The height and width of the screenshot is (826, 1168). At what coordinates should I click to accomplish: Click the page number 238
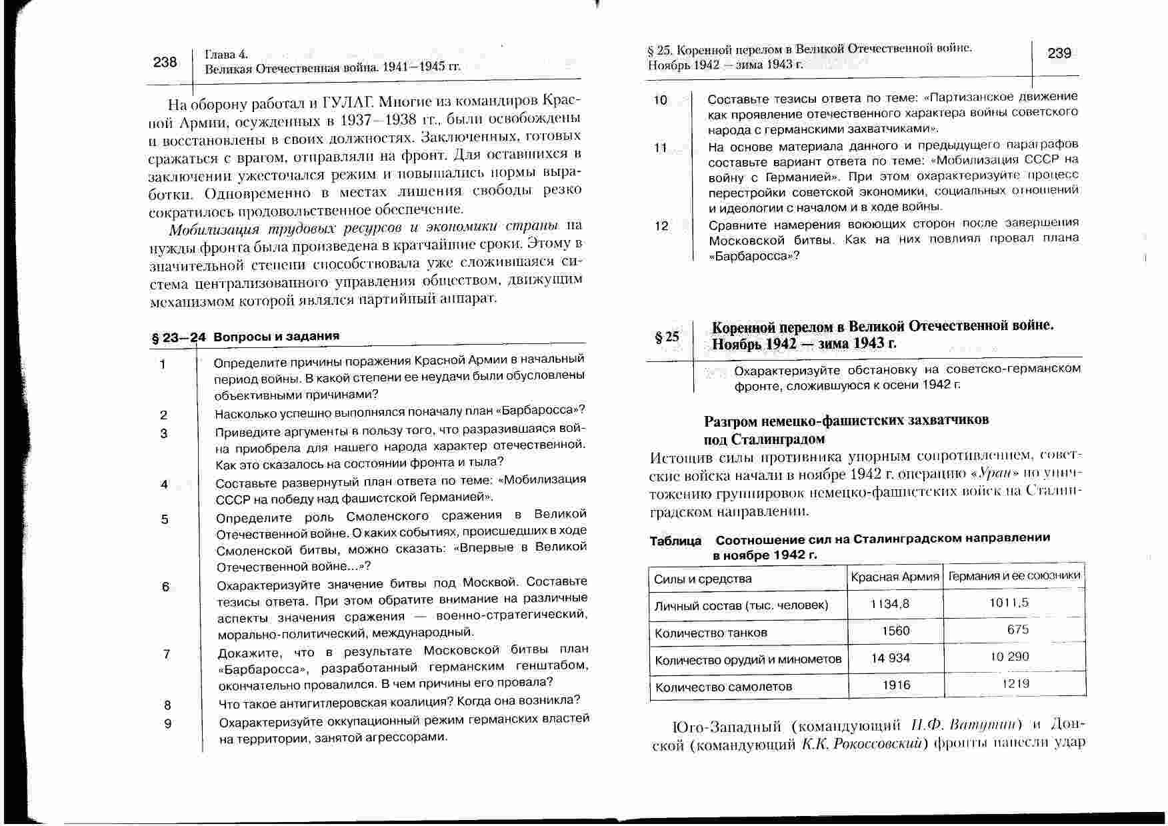tap(165, 62)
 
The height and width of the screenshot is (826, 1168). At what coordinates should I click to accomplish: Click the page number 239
tap(1059, 53)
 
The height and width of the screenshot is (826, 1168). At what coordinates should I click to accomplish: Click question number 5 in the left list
tap(165, 519)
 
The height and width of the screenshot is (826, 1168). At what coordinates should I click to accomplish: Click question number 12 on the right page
tap(661, 226)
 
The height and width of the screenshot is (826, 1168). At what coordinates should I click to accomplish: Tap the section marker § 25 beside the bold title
tap(667, 337)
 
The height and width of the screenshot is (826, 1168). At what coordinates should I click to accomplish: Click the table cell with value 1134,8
tap(890, 604)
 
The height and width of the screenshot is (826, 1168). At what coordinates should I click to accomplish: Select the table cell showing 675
tap(1017, 629)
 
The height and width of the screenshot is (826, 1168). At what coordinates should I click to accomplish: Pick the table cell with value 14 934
tap(890, 658)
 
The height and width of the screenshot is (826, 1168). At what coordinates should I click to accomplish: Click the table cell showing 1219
tap(1016, 683)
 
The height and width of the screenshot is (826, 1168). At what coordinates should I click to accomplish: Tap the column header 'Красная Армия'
tap(895, 577)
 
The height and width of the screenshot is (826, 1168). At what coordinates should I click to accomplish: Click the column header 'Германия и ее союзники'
tap(1014, 575)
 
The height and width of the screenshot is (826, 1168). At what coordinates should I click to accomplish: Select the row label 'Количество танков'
tap(711, 632)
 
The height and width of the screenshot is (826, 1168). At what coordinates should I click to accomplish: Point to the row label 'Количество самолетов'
tap(723, 687)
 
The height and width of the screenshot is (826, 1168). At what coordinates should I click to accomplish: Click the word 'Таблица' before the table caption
tap(675, 541)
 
